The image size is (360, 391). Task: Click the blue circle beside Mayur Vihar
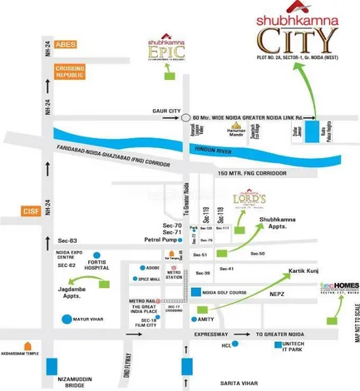66,319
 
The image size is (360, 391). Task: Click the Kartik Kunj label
303,272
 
